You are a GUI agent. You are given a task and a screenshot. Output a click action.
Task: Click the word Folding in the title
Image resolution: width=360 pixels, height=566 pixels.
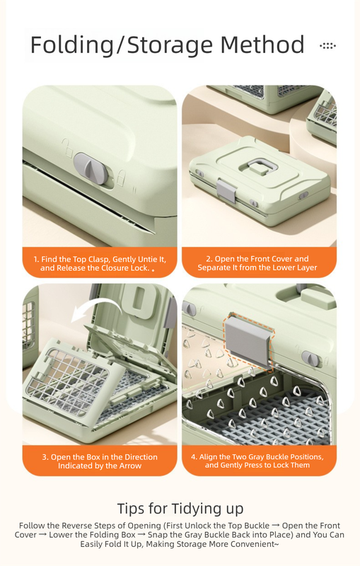click(71, 45)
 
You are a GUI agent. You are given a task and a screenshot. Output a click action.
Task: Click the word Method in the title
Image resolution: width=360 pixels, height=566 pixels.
click(262, 45)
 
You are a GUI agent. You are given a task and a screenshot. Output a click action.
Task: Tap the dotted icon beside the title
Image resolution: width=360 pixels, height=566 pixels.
click(327, 46)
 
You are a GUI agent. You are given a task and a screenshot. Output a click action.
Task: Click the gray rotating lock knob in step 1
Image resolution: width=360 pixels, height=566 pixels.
click(92, 168)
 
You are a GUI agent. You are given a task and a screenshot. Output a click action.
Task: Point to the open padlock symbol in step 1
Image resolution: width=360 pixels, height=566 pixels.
click(66, 148)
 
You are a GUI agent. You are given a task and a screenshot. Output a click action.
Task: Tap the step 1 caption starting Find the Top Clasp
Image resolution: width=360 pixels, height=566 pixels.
click(100, 263)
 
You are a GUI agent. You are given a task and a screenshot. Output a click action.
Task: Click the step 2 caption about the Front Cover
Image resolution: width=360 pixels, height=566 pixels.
click(257, 263)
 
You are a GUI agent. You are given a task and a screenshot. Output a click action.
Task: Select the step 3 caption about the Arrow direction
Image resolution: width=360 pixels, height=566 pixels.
click(100, 461)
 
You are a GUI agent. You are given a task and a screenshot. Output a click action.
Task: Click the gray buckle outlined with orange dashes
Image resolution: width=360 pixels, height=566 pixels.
click(249, 341)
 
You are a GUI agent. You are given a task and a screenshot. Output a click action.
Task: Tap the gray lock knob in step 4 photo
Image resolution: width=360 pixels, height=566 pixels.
click(310, 358)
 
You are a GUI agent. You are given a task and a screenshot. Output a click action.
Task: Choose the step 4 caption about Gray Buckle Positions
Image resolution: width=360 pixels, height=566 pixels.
click(257, 461)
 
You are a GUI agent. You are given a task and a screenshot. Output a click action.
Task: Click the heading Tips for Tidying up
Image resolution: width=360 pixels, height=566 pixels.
click(180, 508)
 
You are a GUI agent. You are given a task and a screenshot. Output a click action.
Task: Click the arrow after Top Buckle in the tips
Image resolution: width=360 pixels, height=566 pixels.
click(276, 526)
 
